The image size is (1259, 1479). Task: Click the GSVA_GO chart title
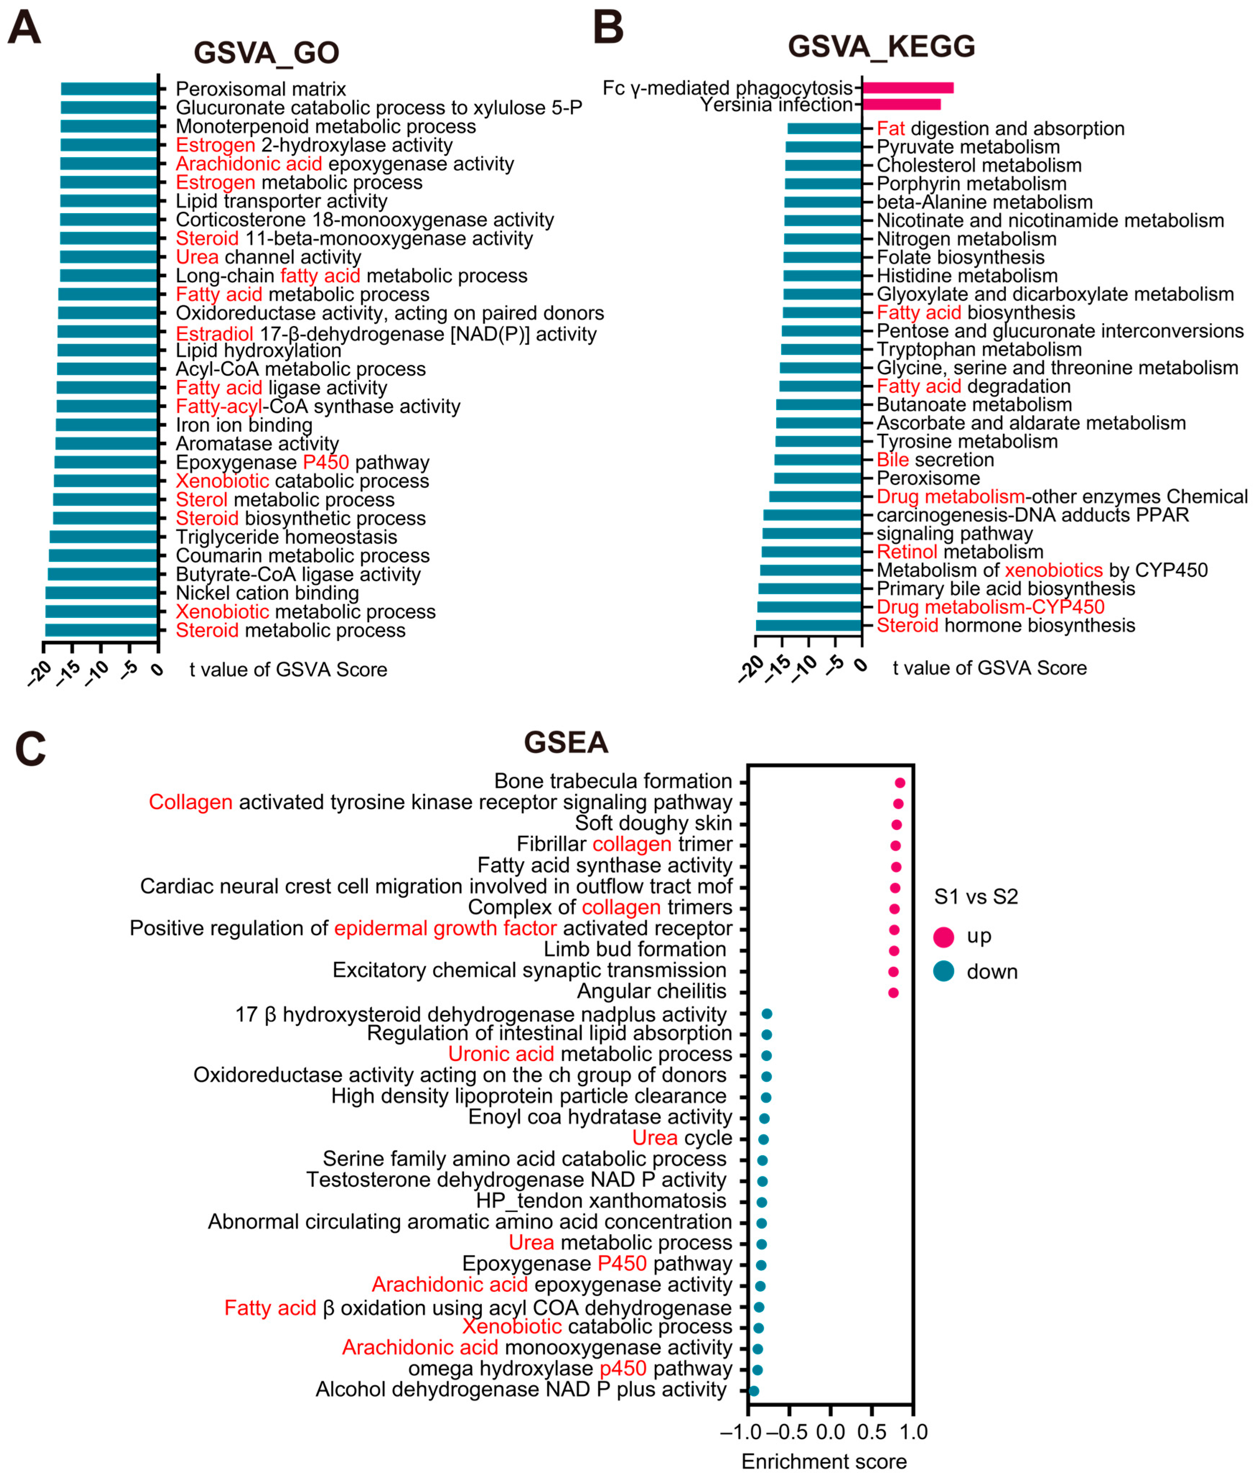266,53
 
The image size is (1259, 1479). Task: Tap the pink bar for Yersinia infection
901,104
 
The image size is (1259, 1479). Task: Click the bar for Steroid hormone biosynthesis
809,625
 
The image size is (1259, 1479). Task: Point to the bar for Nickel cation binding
101,592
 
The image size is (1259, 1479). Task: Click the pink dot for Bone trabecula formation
900,783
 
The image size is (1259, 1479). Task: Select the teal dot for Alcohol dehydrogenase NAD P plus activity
754,1390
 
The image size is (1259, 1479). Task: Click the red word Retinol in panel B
906,552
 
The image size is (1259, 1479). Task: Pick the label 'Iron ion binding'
244,426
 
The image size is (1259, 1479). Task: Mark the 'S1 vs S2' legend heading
976,897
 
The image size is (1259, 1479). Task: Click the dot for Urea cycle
763,1139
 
